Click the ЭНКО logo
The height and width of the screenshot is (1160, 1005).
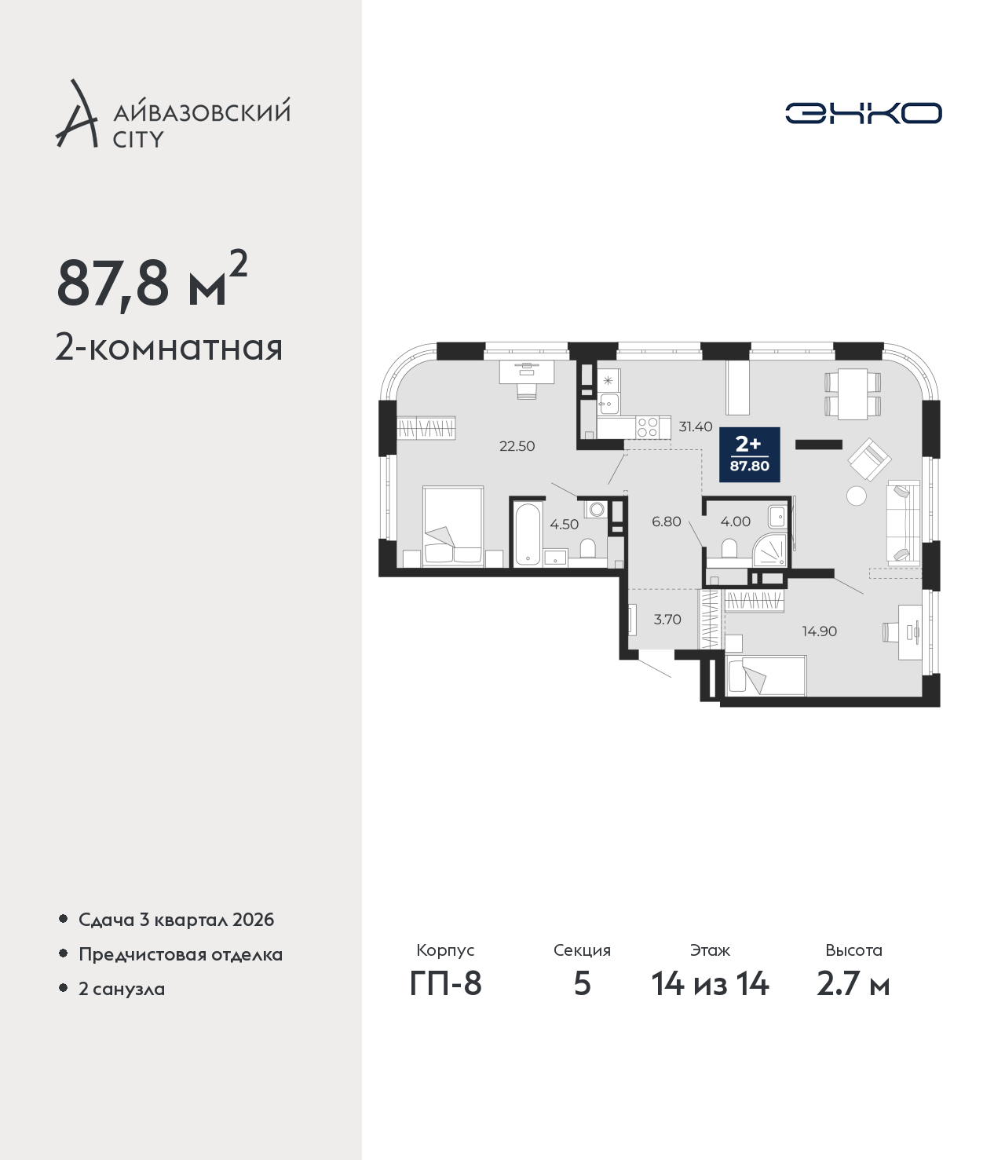[x=863, y=113]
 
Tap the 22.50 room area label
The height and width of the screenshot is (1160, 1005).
[x=517, y=446]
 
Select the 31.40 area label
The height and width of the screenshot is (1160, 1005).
[x=696, y=427]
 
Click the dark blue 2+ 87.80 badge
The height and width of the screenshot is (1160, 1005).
[x=750, y=455]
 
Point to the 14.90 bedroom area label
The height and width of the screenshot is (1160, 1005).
[x=819, y=631]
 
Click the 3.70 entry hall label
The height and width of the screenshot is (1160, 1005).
[x=667, y=620]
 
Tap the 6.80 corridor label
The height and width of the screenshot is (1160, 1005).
[x=667, y=521]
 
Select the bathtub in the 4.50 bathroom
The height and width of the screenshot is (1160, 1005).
[x=528, y=533]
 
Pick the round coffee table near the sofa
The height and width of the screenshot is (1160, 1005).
[x=856, y=496]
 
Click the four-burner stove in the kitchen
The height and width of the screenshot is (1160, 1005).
[x=648, y=427]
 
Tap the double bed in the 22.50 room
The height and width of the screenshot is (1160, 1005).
[x=453, y=525]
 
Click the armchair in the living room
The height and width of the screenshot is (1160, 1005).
[x=870, y=458]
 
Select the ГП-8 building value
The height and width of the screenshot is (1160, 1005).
[x=445, y=983]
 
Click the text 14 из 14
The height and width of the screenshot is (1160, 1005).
[x=710, y=983]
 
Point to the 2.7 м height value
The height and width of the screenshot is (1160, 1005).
[x=853, y=983]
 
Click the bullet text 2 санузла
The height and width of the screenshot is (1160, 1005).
[x=122, y=989]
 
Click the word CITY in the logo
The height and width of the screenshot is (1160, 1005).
[x=139, y=140]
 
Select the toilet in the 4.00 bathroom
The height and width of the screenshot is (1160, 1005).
[x=729, y=547]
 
